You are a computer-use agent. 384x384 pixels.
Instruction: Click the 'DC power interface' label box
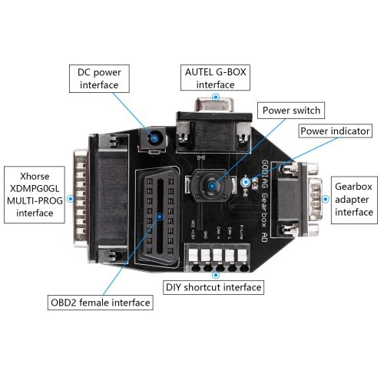tap(100, 77)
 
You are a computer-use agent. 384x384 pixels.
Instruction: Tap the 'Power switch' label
tap(291, 110)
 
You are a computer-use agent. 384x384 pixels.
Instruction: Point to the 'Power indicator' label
tap(334, 131)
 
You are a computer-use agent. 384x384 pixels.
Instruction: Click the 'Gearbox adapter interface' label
tap(356, 197)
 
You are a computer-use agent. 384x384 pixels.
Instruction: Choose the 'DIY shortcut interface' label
tap(214, 287)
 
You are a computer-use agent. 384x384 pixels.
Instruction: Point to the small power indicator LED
tap(247, 182)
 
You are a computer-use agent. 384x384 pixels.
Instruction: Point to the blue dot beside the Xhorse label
tap(70, 197)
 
